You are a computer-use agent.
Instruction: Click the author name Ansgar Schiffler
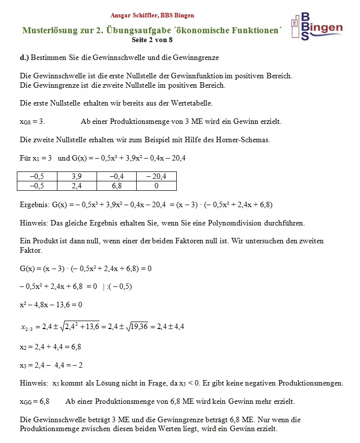click(130, 15)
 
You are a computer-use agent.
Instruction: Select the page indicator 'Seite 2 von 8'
click(153, 39)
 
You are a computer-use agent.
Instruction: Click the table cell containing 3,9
click(77, 176)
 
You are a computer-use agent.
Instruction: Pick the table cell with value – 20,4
click(156, 176)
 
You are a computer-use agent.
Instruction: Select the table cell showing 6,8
click(117, 186)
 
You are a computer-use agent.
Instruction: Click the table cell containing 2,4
click(77, 186)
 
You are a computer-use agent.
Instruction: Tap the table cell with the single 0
click(156, 186)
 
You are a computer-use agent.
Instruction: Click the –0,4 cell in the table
click(117, 176)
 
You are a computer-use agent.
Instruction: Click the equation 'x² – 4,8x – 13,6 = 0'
click(51, 305)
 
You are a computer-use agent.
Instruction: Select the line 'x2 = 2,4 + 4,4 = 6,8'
click(51, 347)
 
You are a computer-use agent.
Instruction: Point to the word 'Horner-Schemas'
click(243, 140)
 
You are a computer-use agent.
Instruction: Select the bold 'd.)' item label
click(24, 58)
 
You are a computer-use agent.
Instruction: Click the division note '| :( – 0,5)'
click(117, 286)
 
